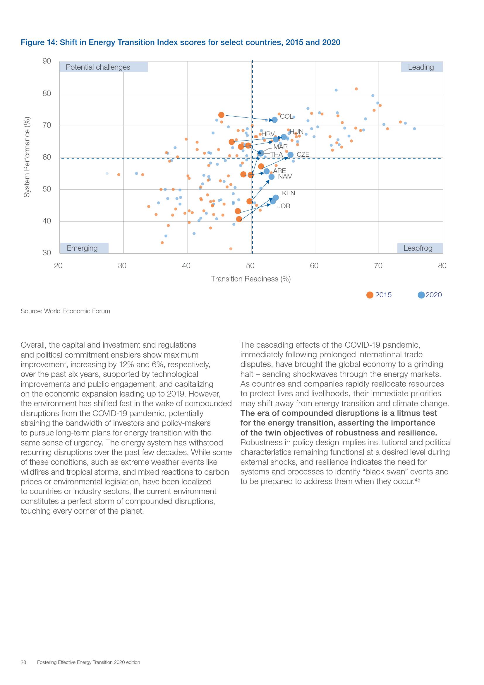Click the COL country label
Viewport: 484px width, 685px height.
tap(286, 117)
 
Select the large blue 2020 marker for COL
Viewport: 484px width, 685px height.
tap(274, 120)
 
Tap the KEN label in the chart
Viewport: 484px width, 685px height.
tap(289, 193)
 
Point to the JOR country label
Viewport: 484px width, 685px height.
tap(284, 206)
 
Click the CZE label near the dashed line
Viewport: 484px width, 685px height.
tap(303, 155)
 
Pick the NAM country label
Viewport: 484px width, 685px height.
tap(285, 177)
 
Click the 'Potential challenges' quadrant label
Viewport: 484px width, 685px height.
tap(98, 67)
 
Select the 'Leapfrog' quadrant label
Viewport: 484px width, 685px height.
tap(418, 248)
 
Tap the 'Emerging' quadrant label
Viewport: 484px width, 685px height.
tap(82, 248)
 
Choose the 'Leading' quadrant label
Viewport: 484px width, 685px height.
tap(421, 67)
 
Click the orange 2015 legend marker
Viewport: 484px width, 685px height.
tap(370, 295)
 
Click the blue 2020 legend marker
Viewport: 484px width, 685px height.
tap(421, 295)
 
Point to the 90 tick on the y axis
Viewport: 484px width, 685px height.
tap(47, 61)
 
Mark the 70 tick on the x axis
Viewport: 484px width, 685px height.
tap(378, 266)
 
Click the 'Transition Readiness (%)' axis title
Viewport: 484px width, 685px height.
tap(251, 279)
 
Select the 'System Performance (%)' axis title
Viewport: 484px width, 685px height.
tap(27, 157)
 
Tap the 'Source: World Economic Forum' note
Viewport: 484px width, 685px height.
tap(65, 311)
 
